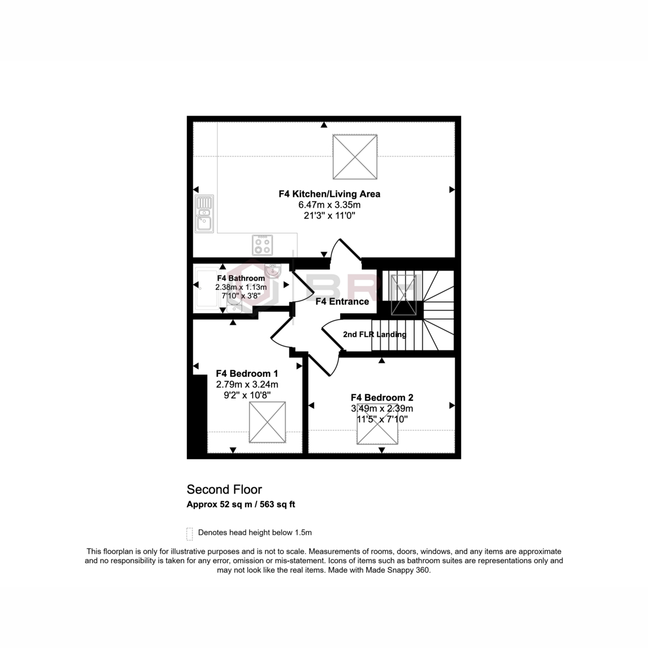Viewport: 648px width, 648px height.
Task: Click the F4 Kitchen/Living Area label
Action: coord(329,194)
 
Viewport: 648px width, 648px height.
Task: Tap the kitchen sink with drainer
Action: coord(204,214)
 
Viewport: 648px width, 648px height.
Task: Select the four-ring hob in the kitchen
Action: coord(262,245)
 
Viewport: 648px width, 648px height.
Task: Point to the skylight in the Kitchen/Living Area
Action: coord(355,157)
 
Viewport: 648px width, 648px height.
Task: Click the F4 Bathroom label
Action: coord(241,278)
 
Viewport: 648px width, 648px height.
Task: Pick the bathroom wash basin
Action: coord(272,272)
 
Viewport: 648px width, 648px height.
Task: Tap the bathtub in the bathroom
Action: coord(207,288)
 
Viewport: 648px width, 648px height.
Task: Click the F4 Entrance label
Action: coord(342,301)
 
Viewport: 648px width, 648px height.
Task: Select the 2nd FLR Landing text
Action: coord(375,334)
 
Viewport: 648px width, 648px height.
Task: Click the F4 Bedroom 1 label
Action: coord(247,374)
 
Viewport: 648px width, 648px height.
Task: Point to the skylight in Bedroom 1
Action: coord(267,422)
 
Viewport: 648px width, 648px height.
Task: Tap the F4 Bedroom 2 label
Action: coord(382,397)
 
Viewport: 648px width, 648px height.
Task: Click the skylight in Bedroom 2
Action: coord(377,424)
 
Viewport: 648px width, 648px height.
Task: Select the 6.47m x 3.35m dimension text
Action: coord(329,205)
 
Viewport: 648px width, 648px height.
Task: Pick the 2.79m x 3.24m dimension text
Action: coord(247,384)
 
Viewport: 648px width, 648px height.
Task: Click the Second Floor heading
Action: coord(224,489)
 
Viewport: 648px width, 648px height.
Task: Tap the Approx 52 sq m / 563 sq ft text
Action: coord(241,504)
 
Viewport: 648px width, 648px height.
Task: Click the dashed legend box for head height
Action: coord(190,534)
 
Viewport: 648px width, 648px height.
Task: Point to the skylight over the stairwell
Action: coord(403,295)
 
